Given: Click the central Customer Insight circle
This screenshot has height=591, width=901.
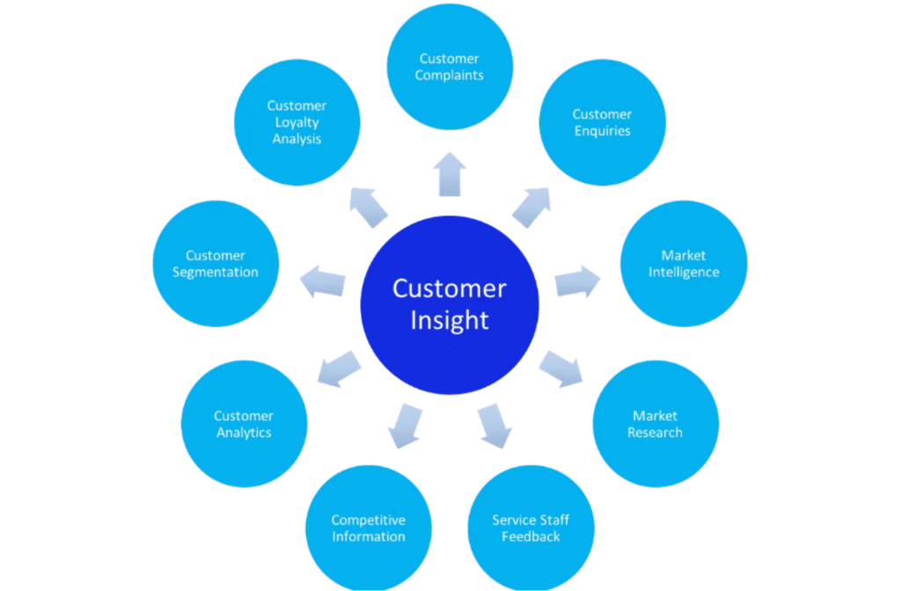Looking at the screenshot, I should point(450,303).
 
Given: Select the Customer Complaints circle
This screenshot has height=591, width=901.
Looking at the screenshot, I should point(450,67).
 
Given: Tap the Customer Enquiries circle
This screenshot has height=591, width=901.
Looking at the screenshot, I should point(602,122).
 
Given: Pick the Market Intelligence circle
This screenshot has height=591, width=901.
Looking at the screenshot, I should point(684,264).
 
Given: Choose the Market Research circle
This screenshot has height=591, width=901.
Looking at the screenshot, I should point(656,424).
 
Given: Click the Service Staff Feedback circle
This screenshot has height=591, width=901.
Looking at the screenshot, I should point(531,528).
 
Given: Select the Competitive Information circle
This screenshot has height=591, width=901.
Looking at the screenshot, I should point(369,528).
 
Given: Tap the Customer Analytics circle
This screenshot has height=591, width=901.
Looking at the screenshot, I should point(244,424).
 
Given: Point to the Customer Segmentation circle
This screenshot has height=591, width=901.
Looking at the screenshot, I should point(216,264).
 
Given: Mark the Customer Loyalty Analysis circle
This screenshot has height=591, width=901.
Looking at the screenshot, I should point(297,122).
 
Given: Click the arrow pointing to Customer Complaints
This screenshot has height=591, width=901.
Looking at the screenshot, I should point(450,173).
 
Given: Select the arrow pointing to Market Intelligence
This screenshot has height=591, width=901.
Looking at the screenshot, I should point(577,282).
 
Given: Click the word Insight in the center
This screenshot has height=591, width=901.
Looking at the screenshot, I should point(450,320).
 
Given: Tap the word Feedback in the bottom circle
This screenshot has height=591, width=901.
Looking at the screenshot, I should point(531,536).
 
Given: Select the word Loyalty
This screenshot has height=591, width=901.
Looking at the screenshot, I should point(297,122).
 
